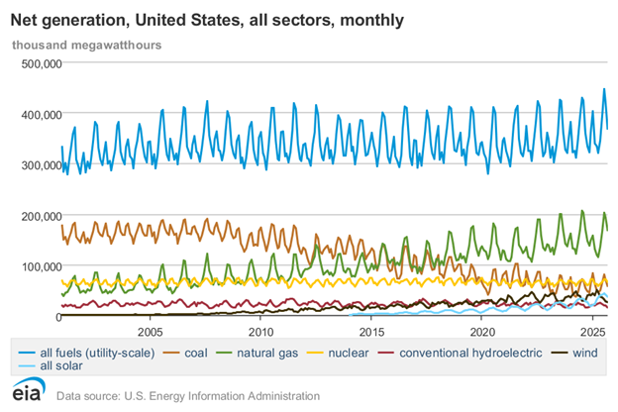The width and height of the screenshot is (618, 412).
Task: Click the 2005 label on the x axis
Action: pyautogui.click(x=151, y=331)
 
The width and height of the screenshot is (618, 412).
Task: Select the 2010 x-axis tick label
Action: pyautogui.click(x=261, y=331)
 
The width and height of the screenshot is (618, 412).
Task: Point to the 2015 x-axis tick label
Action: pyautogui.click(x=371, y=331)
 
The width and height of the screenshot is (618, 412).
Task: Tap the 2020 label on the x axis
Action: pyautogui.click(x=482, y=331)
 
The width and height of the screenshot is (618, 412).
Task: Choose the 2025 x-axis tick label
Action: pyautogui.click(x=592, y=331)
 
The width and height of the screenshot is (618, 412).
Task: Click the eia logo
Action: pyautogui.click(x=27, y=393)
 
